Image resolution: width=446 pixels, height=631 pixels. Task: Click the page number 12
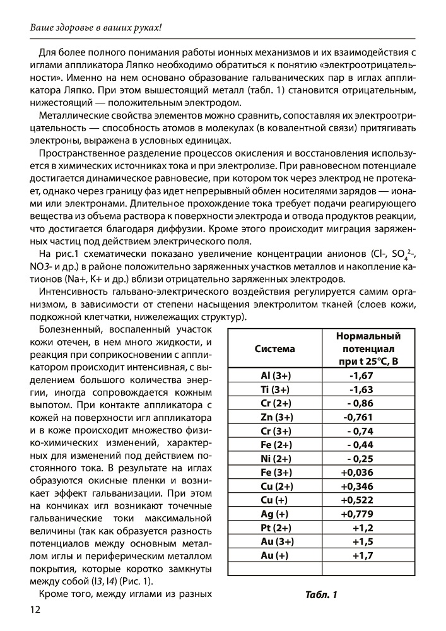click(32, 609)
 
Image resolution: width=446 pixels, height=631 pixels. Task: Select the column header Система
click(274, 348)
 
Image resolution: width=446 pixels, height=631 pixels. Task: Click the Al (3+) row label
click(274, 375)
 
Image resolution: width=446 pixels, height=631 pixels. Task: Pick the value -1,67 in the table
click(362, 375)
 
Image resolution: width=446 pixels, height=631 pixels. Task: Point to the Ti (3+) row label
click(274, 389)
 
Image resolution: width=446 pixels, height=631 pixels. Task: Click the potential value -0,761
click(358, 417)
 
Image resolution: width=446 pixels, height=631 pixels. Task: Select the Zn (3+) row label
click(274, 417)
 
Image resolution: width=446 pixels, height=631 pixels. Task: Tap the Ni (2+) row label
click(274, 459)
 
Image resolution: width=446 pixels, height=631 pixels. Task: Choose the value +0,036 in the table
click(358, 473)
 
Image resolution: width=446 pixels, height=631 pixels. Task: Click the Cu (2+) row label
click(274, 487)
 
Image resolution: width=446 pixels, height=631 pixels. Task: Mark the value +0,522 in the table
click(358, 500)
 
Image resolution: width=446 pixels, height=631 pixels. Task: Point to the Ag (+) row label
click(274, 514)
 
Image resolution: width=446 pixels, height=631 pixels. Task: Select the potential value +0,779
click(358, 514)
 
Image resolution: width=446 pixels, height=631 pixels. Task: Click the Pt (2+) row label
click(274, 528)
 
